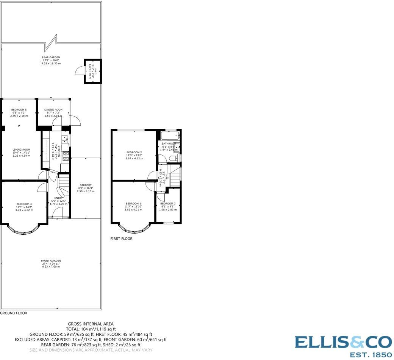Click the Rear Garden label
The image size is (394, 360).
point(51,58)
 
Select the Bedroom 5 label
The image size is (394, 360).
point(19,109)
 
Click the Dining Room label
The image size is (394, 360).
point(53,109)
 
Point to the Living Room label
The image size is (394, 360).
point(21,150)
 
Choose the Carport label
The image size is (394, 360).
point(86,185)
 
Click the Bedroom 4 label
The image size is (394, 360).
point(23,204)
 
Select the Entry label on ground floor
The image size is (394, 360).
point(58,198)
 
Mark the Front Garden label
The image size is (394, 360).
point(51,260)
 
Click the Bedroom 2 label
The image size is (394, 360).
point(134,152)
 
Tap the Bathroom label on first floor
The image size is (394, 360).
point(169,143)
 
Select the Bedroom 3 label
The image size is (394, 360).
point(168,203)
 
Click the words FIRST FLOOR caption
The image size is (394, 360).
point(121,239)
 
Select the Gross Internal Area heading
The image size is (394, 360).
point(91,324)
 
